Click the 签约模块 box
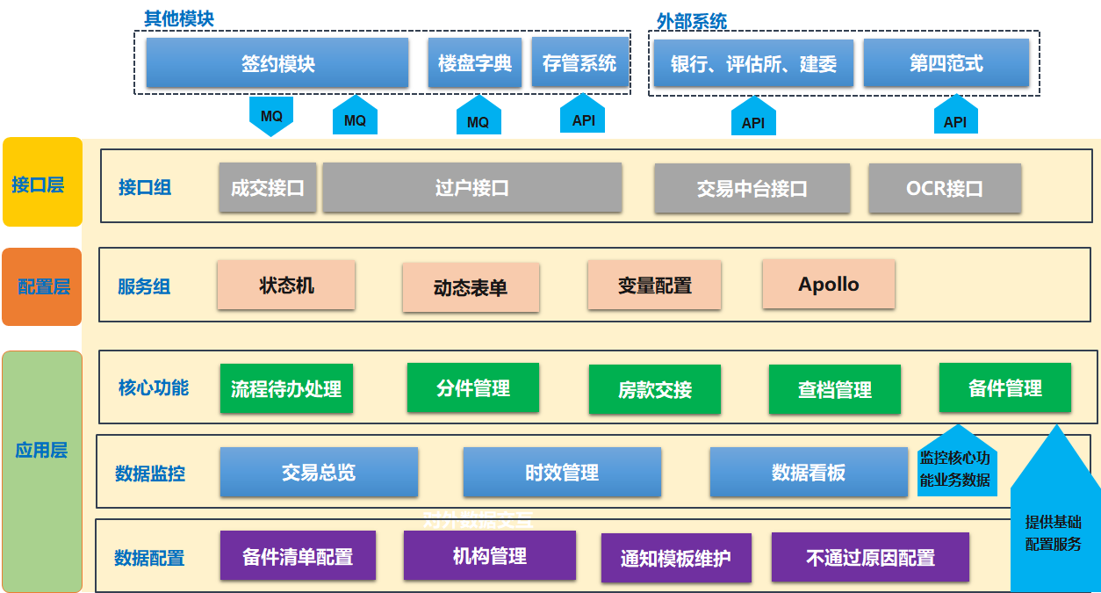pyautogui.click(x=277, y=63)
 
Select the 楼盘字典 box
pyautogui.click(x=474, y=63)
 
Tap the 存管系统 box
pyautogui.click(x=579, y=62)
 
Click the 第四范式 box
pyautogui.click(x=946, y=63)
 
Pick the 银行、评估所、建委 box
pyautogui.click(x=753, y=64)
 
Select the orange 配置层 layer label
pyautogui.click(x=41, y=286)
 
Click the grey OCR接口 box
pyautogui.click(x=945, y=188)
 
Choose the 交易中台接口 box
pyautogui.click(x=752, y=188)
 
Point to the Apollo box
pyautogui.click(x=828, y=284)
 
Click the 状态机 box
pyautogui.click(x=286, y=285)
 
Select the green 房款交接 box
pyautogui.click(x=654, y=389)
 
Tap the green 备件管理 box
pyautogui.click(x=1004, y=387)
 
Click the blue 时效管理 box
pyautogui.click(x=562, y=473)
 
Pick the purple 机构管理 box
pyautogui.click(x=489, y=555)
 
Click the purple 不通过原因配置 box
pyautogui.click(x=870, y=557)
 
